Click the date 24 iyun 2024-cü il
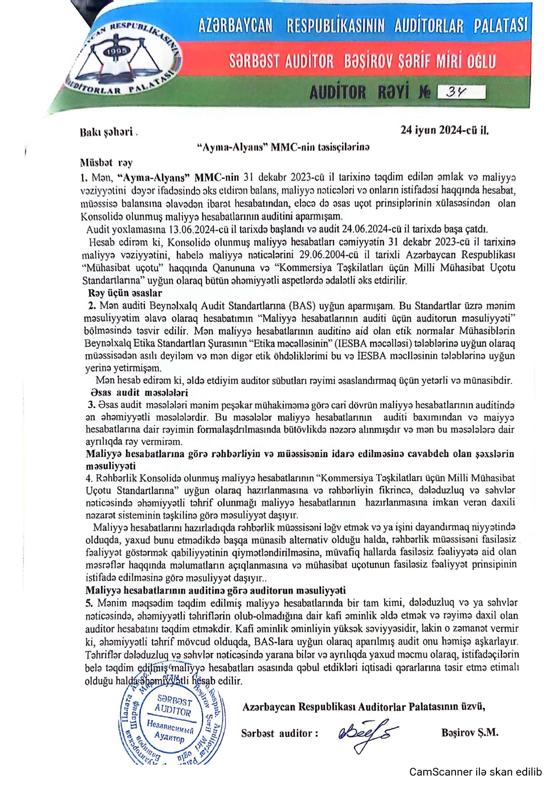pyautogui.click(x=444, y=131)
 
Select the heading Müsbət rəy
pyautogui.click(x=106, y=163)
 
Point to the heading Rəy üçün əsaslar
pyautogui.click(x=125, y=293)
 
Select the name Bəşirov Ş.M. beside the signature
pyautogui.click(x=470, y=733)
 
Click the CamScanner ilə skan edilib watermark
pyautogui.click(x=476, y=772)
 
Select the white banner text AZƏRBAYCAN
pyautogui.click(x=235, y=26)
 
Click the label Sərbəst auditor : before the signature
pyautogui.click(x=279, y=733)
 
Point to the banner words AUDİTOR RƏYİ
pyautogui.click(x=359, y=92)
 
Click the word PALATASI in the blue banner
pyautogui.click(x=500, y=26)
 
